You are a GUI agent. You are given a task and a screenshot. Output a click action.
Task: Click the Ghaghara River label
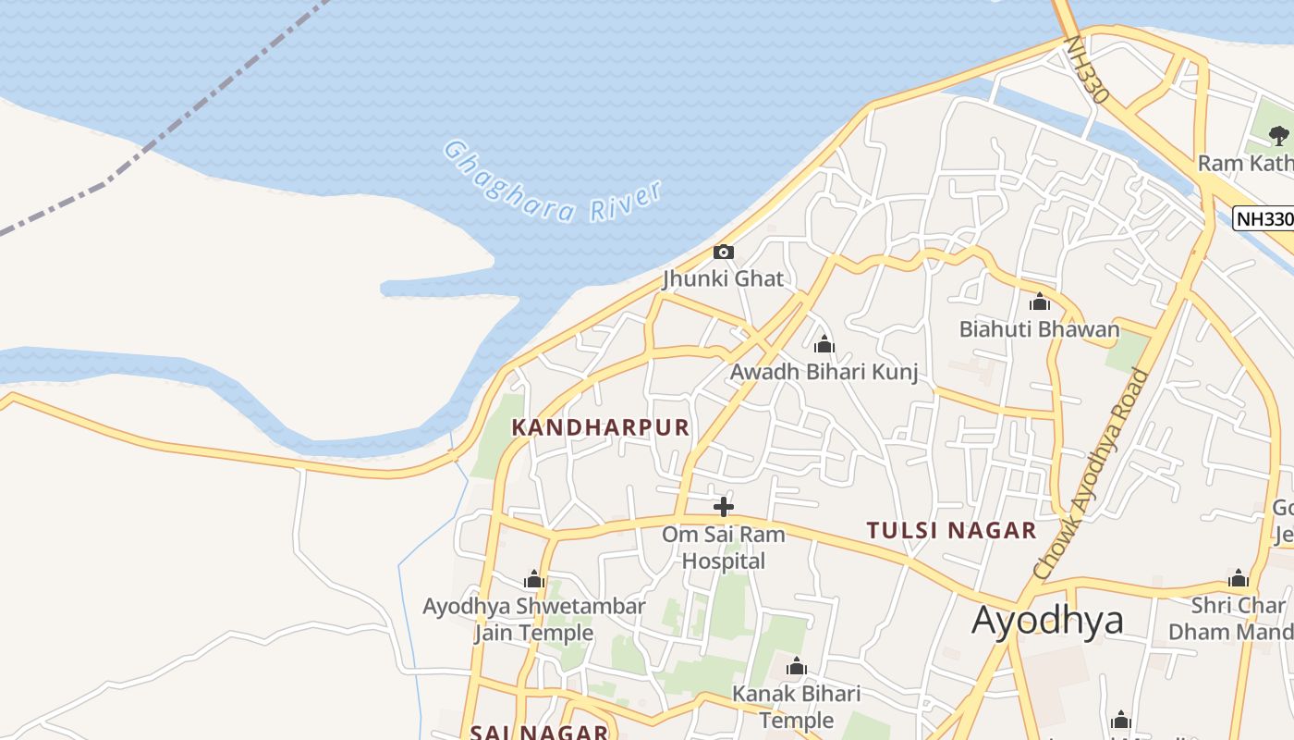[553, 181]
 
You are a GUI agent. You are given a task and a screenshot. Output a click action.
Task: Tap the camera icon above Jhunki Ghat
[724, 252]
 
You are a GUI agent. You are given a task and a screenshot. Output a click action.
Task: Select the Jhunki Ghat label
[723, 278]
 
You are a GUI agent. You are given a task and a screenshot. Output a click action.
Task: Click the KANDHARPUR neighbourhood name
[601, 427]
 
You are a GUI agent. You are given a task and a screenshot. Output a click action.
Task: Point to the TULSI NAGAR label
[951, 531]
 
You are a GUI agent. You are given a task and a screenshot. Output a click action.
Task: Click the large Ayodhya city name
[1047, 620]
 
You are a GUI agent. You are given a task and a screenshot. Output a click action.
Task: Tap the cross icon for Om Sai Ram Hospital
[724, 506]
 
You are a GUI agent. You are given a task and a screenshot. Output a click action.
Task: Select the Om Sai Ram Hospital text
[724, 548]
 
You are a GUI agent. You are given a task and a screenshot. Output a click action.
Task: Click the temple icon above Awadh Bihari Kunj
[824, 346]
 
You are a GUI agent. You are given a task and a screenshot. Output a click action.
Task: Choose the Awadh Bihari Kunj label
[824, 372]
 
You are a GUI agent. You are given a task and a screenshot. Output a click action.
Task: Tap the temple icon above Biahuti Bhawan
[1040, 302]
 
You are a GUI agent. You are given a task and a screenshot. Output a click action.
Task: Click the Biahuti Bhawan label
[1039, 329]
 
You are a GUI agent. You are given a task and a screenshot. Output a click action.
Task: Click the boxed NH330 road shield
[1263, 219]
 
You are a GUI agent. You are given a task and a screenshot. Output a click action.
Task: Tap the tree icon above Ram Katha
[1278, 136]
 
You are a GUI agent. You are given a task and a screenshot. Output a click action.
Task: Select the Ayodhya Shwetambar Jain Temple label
[534, 620]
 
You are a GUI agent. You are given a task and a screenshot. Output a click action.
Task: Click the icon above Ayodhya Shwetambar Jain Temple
[534, 580]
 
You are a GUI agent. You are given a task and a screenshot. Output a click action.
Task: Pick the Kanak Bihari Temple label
[796, 707]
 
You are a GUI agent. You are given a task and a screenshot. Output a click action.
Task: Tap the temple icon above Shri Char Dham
[1239, 579]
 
